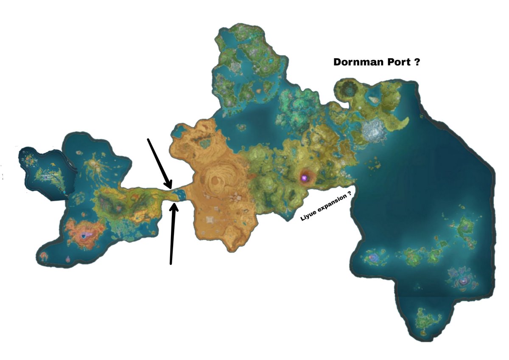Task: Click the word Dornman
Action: tap(355, 62)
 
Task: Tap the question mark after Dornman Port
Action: tap(417, 62)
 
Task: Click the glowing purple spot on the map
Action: tap(304, 178)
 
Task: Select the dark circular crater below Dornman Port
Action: tap(350, 90)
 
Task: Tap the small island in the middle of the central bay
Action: tap(242, 127)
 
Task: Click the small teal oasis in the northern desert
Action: tap(206, 145)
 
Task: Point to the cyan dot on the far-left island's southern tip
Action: tap(64, 194)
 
